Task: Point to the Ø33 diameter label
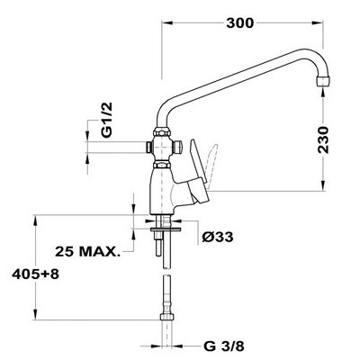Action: (219, 237)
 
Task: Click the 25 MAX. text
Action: (89, 251)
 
